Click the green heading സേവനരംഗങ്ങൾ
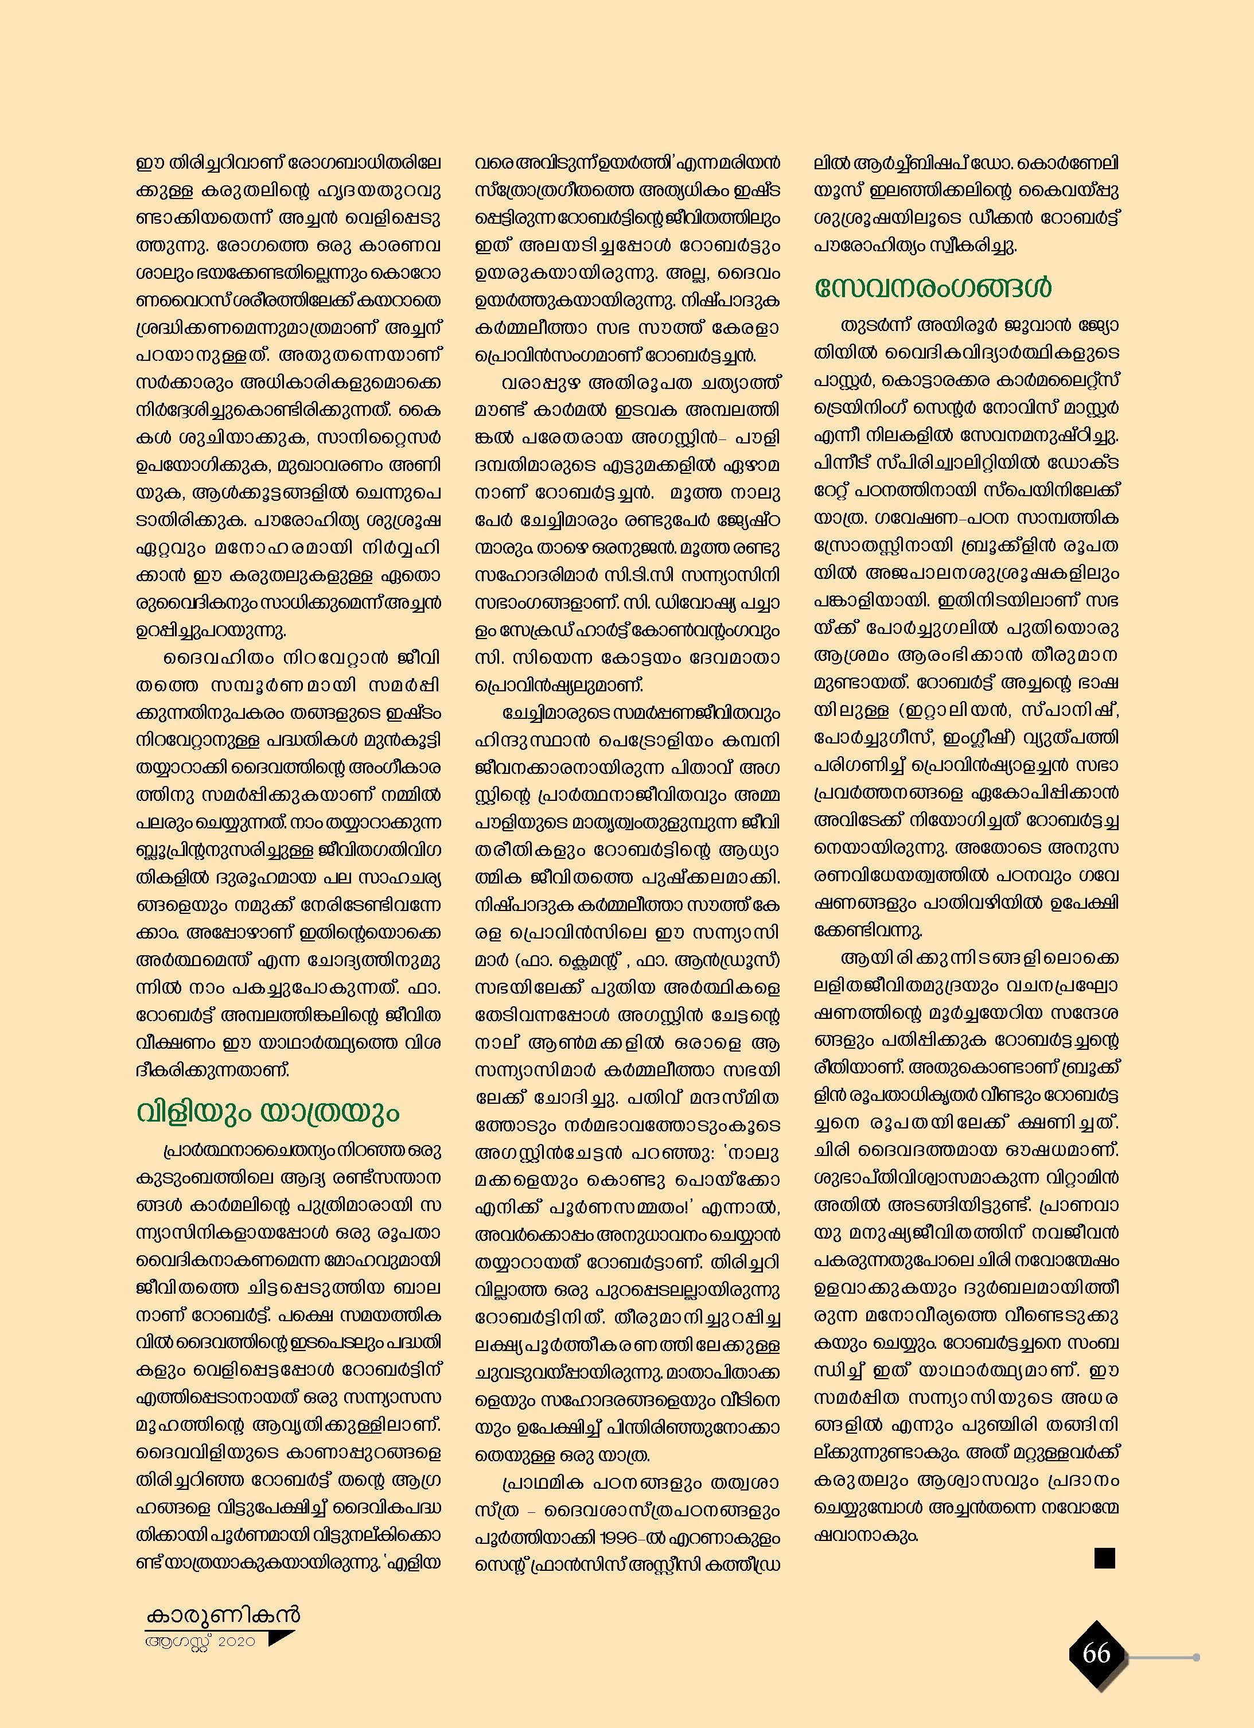(933, 289)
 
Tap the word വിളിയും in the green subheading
(193, 1112)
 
